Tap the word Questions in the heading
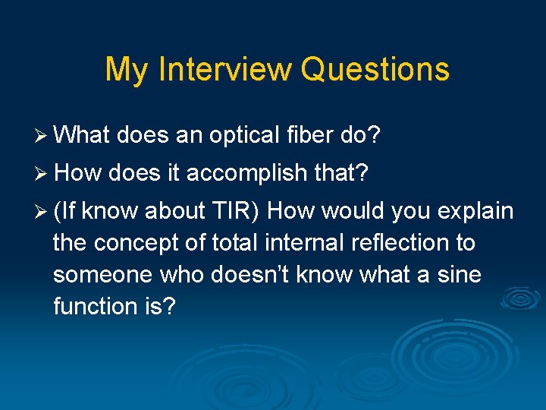click(x=375, y=69)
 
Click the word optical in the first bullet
click(x=243, y=136)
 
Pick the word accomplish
click(x=249, y=174)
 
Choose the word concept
click(x=150, y=243)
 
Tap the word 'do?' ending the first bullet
click(x=359, y=135)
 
